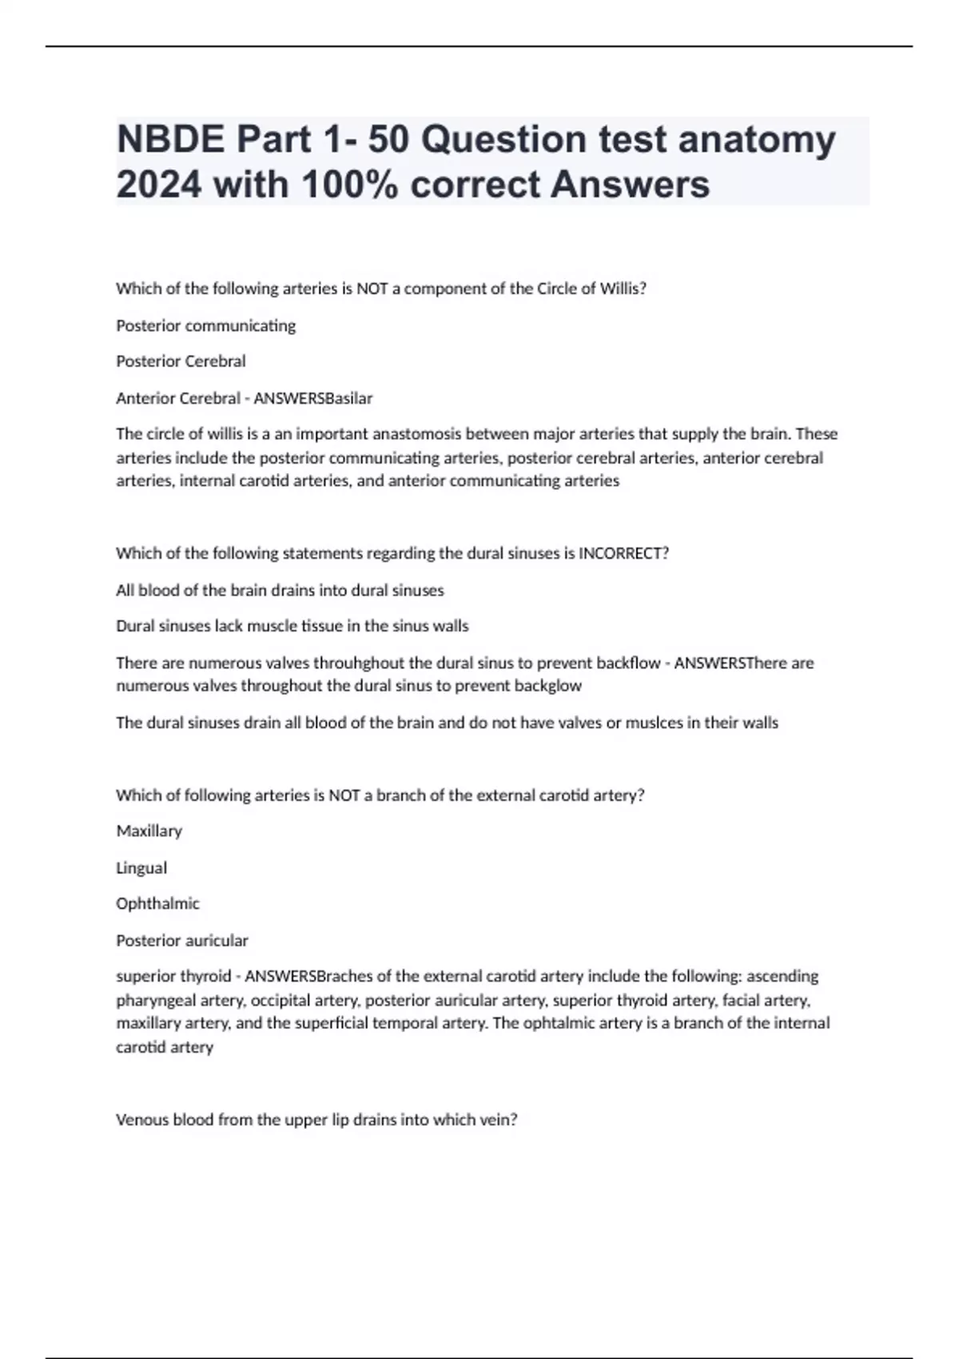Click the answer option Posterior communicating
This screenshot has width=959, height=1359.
(x=205, y=325)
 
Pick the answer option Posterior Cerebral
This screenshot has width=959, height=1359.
(x=181, y=361)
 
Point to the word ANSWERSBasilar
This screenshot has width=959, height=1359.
(x=312, y=398)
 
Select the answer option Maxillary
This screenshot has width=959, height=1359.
(x=149, y=831)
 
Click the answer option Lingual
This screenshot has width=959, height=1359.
(x=141, y=867)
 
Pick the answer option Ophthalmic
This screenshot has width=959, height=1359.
(x=157, y=903)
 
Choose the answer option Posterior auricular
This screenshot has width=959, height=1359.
(x=182, y=940)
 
